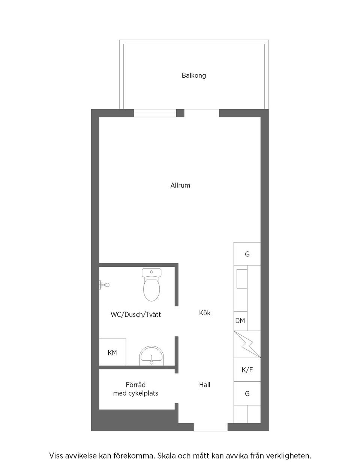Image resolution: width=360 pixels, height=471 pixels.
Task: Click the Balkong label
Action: pyautogui.click(x=193, y=75)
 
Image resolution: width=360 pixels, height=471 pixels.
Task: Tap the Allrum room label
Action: pyautogui.click(x=180, y=185)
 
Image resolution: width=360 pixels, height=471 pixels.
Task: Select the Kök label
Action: pyautogui.click(x=205, y=313)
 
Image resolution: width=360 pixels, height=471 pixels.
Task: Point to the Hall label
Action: pyautogui.click(x=205, y=385)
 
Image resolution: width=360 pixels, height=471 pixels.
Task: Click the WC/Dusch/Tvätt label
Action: pyautogui.click(x=136, y=315)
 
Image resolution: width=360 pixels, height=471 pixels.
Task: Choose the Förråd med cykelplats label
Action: pyautogui.click(x=136, y=389)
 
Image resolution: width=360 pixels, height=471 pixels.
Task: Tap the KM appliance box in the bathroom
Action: pyautogui.click(x=112, y=352)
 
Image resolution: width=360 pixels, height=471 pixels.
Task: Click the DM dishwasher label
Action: pyautogui.click(x=240, y=321)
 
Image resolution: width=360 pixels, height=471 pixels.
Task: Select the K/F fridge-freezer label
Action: pyautogui.click(x=247, y=370)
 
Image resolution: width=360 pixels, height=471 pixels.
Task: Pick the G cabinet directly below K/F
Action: pyautogui.click(x=247, y=394)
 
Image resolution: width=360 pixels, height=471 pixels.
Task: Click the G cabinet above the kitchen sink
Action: pyautogui.click(x=247, y=254)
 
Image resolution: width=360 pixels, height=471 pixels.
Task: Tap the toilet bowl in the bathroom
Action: pyautogui.click(x=151, y=290)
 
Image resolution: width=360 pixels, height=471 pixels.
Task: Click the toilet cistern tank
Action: pyautogui.click(x=151, y=272)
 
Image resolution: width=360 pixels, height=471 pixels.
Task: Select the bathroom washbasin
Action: pyautogui.click(x=151, y=355)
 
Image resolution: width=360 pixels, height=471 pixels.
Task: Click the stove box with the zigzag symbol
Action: pyautogui.click(x=247, y=344)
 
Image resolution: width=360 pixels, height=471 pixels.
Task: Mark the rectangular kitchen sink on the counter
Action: pyautogui.click(x=242, y=279)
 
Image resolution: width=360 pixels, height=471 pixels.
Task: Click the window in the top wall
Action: pyautogui.click(x=155, y=113)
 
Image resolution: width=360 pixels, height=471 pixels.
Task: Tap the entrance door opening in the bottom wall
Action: pyautogui.click(x=210, y=427)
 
